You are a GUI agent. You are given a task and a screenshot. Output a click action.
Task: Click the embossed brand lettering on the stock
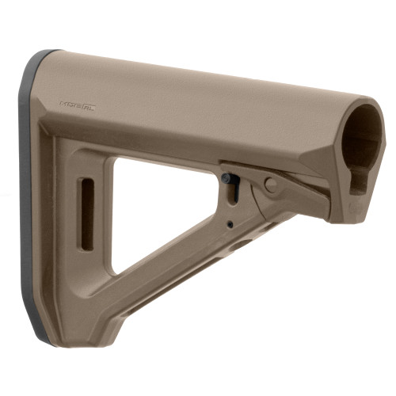click(77, 105)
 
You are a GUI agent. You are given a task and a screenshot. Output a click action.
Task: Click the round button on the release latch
click(272, 185)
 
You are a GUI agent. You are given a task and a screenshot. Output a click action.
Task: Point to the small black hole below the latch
click(230, 224)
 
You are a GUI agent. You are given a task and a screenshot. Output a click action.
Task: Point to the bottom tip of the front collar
click(348, 222)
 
